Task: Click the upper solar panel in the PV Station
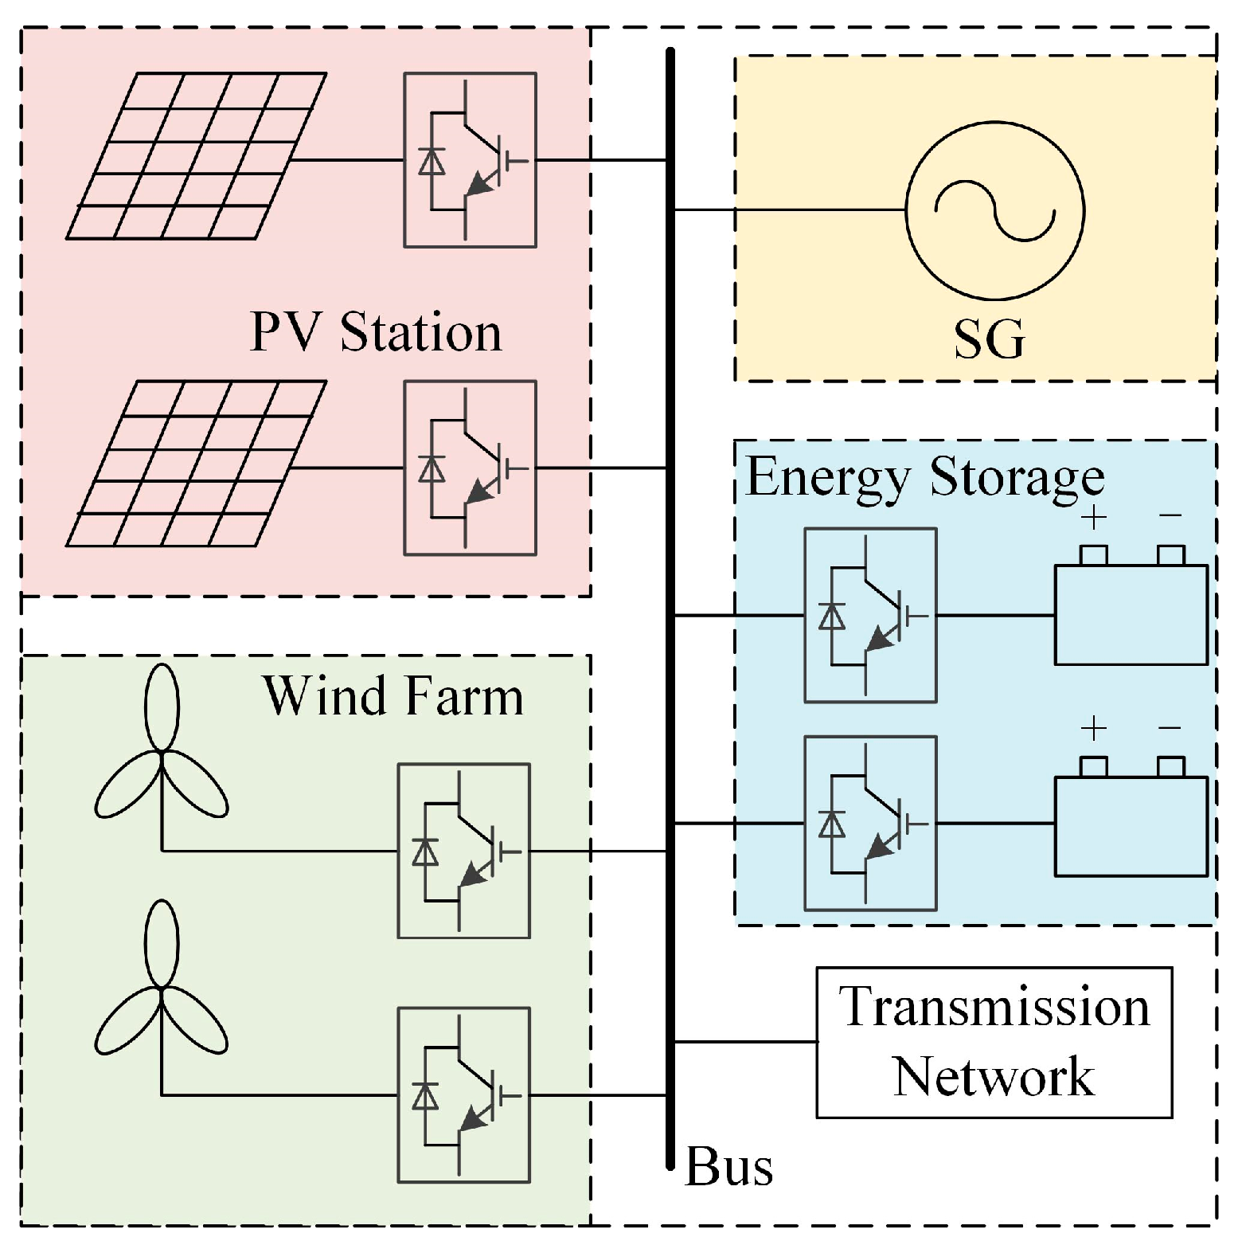click(x=196, y=156)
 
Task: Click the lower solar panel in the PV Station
click(x=196, y=464)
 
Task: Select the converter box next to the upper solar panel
click(x=470, y=160)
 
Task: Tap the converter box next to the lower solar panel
click(x=470, y=468)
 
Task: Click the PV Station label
click(x=376, y=332)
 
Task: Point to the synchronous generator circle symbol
click(x=994, y=210)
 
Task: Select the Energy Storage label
click(x=924, y=478)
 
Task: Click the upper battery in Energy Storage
click(x=1131, y=613)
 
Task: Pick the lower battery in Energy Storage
click(x=1131, y=825)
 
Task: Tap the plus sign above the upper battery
click(x=1094, y=518)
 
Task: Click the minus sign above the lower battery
click(x=1170, y=728)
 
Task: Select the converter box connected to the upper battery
click(x=870, y=615)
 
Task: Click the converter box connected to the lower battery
click(x=870, y=823)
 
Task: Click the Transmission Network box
click(x=994, y=1042)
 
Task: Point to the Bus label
click(x=728, y=1168)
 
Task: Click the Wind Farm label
click(x=393, y=697)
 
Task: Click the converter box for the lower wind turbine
click(x=463, y=1095)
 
